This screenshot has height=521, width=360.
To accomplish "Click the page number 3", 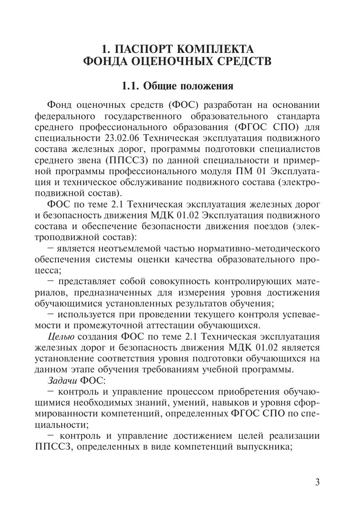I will (317, 482).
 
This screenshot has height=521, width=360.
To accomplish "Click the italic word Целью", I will (62, 336).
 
